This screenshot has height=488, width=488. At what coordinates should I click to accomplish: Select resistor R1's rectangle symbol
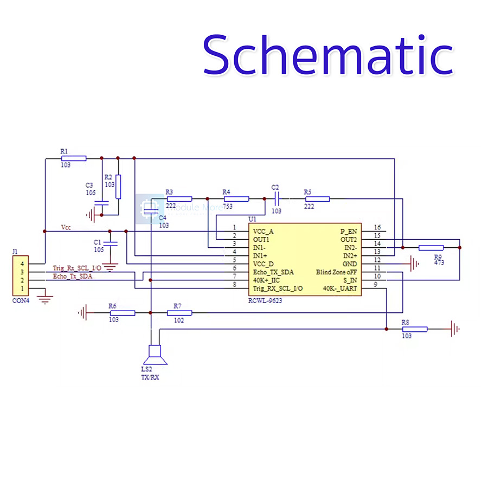(x=73, y=158)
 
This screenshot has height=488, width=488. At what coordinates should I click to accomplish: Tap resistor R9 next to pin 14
(x=431, y=247)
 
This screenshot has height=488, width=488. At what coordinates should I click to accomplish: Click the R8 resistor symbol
(x=415, y=329)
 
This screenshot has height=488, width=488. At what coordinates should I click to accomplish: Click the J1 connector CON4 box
(x=21, y=276)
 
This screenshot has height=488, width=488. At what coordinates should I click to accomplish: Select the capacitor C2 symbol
(x=276, y=199)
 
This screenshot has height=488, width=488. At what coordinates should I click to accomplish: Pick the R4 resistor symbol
(x=236, y=199)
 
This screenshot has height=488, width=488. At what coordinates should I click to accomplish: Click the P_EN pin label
(x=349, y=232)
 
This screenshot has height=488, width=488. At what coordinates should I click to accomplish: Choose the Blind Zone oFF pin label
(x=337, y=272)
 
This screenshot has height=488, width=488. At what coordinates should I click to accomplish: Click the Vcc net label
(x=66, y=227)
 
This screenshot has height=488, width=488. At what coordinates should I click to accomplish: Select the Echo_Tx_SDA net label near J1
(x=73, y=276)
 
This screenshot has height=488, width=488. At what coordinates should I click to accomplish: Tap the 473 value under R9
(x=440, y=262)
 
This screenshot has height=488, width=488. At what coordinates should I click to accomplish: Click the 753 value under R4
(x=227, y=207)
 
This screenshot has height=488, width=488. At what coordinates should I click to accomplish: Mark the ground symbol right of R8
(x=455, y=329)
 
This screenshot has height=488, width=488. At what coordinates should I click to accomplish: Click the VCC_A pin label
(x=263, y=232)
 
